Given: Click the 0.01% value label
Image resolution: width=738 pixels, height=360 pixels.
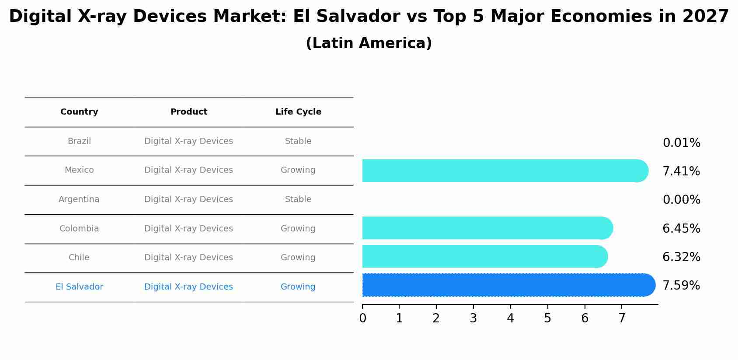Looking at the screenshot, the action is pos(681,143).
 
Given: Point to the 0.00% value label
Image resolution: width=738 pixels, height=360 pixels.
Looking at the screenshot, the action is pos(681,200).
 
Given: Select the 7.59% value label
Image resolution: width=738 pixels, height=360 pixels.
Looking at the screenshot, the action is pos(681,286).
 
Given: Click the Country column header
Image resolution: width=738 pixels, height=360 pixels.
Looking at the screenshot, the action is pos(79,112).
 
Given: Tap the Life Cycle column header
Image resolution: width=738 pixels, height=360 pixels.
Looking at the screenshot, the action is pos(298,112).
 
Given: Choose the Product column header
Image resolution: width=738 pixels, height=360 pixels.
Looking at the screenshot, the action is pos(188,112).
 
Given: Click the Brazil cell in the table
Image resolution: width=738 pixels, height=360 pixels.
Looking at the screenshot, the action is pos(79,141).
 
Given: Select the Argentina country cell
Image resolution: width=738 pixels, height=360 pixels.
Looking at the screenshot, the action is pos(79,199).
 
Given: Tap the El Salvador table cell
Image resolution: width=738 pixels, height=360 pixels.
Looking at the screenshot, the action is pos(79,287).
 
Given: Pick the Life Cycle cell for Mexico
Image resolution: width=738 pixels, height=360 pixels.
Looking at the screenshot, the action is pos(298,170).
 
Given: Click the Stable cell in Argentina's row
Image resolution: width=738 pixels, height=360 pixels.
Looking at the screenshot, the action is pos(298,199).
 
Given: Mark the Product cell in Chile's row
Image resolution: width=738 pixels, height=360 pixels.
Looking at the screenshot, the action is pos(188,258).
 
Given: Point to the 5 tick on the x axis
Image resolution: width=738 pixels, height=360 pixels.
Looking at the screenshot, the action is pos(547,318).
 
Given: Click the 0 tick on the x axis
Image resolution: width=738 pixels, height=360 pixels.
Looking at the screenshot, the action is pos(362,318).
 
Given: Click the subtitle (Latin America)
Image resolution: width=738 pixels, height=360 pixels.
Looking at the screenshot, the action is pos(369,43).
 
